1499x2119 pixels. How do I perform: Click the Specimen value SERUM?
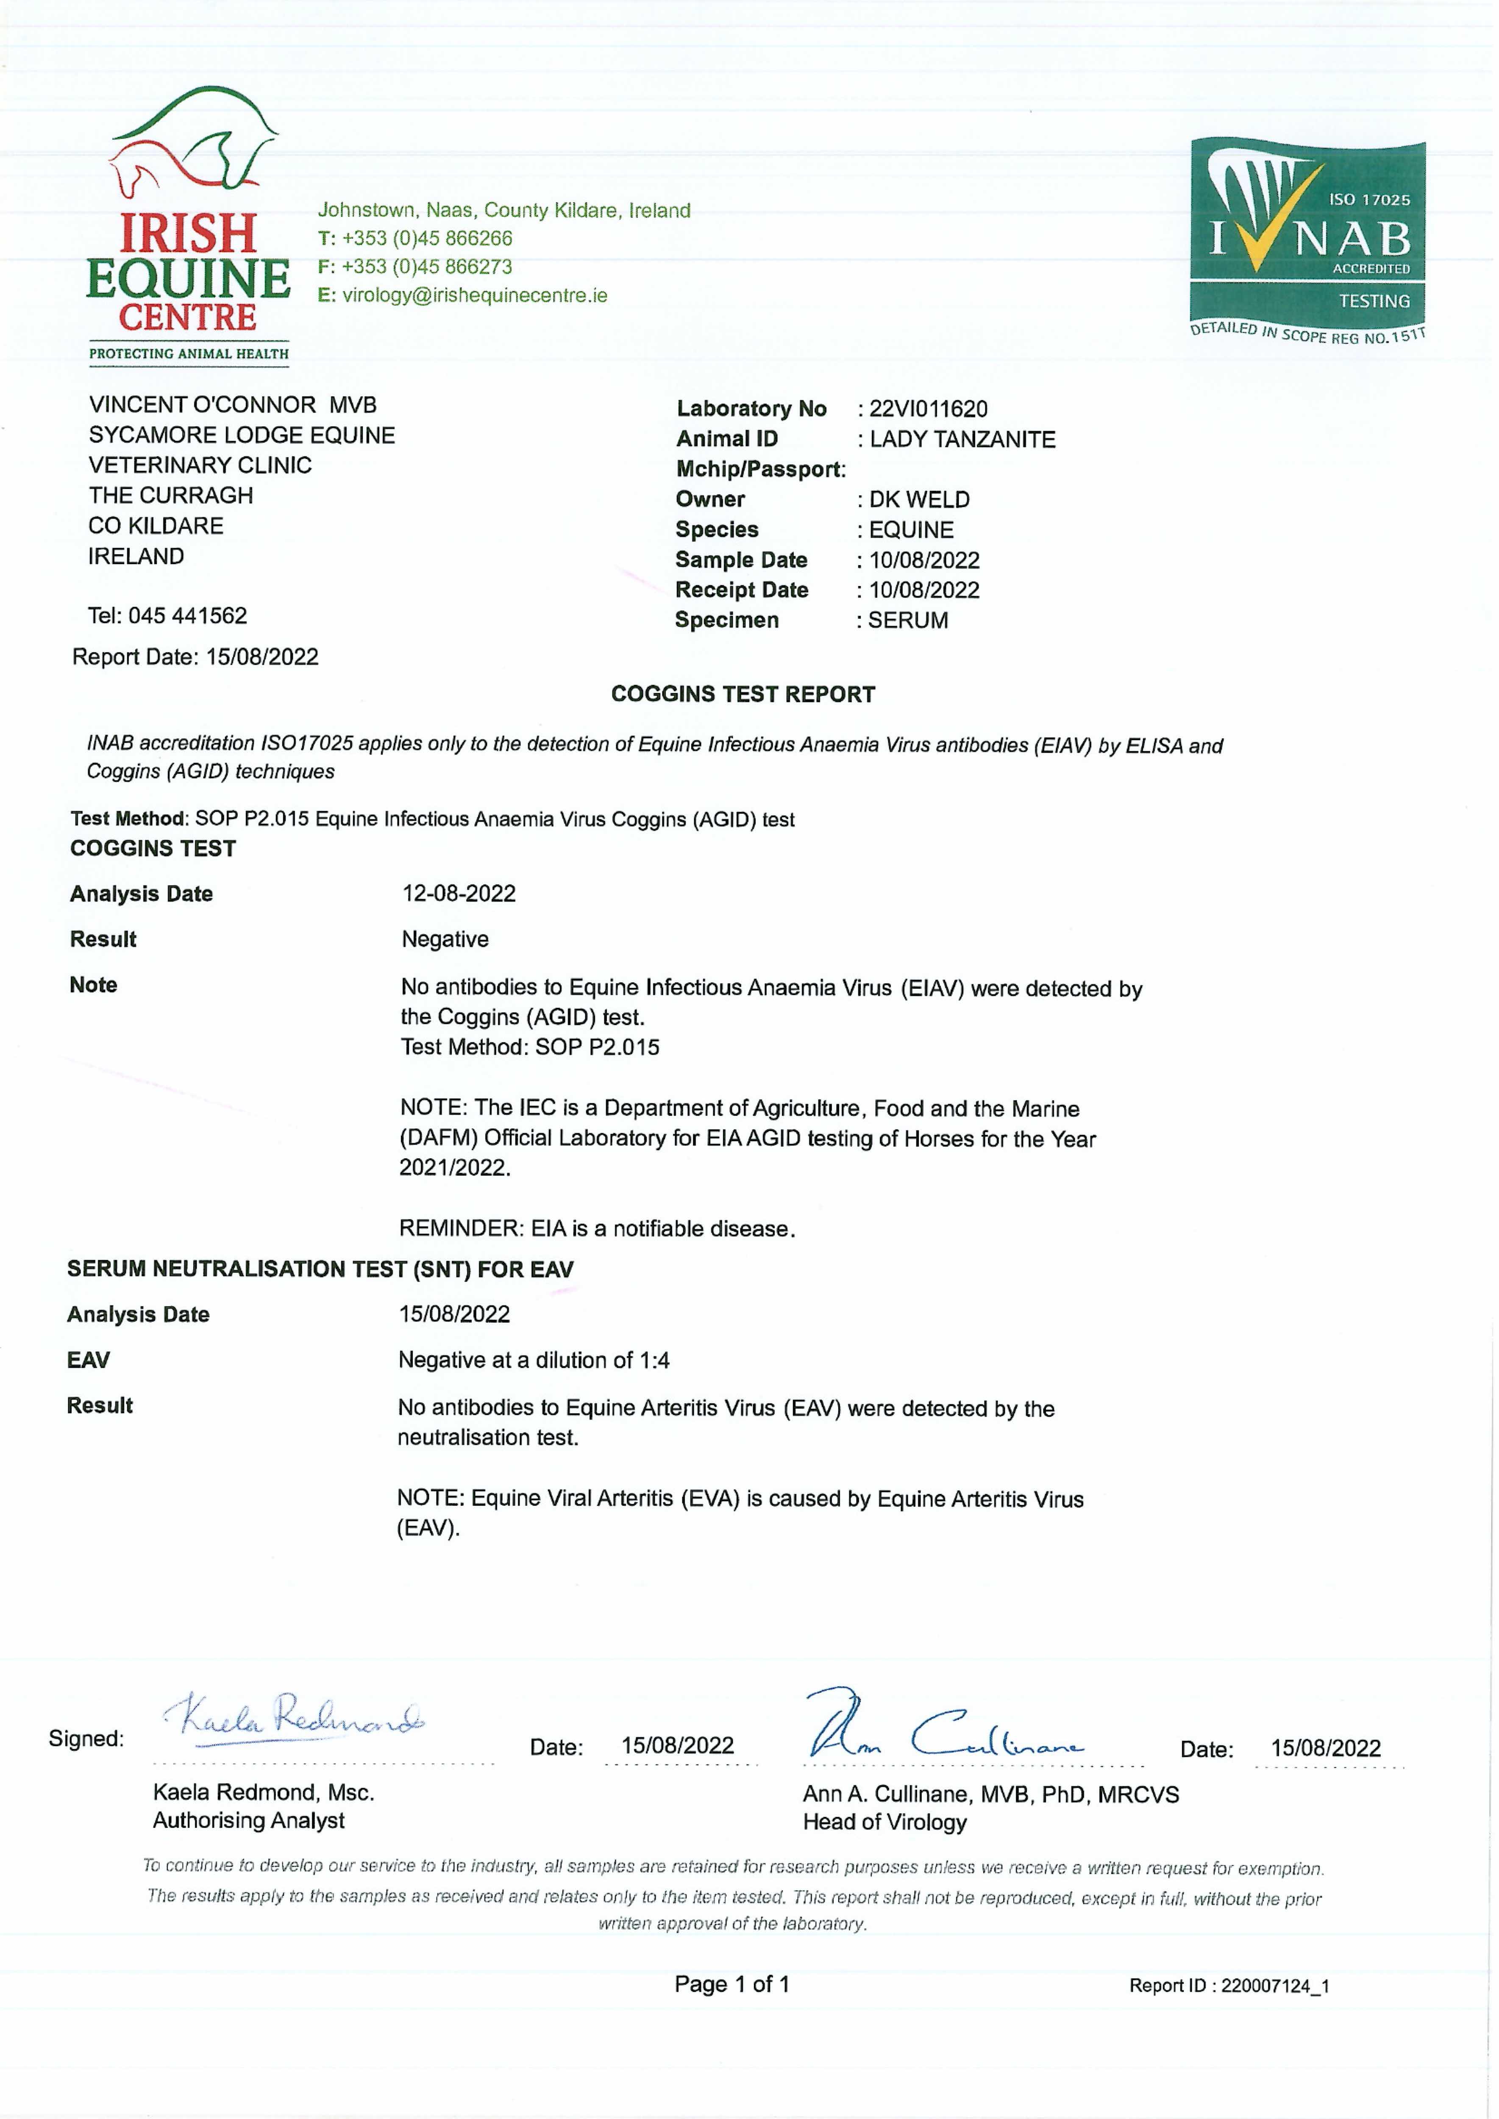pyautogui.click(x=907, y=620)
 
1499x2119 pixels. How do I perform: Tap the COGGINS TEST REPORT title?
pyautogui.click(x=743, y=694)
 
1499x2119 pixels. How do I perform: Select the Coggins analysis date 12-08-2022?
pyautogui.click(x=459, y=893)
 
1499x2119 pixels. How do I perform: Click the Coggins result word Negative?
pyautogui.click(x=445, y=940)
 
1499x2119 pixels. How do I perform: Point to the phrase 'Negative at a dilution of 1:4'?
pyautogui.click(x=534, y=1360)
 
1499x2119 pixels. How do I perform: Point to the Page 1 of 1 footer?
pyautogui.click(x=732, y=1984)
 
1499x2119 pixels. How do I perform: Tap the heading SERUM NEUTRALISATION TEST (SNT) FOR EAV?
pyautogui.click(x=320, y=1269)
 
